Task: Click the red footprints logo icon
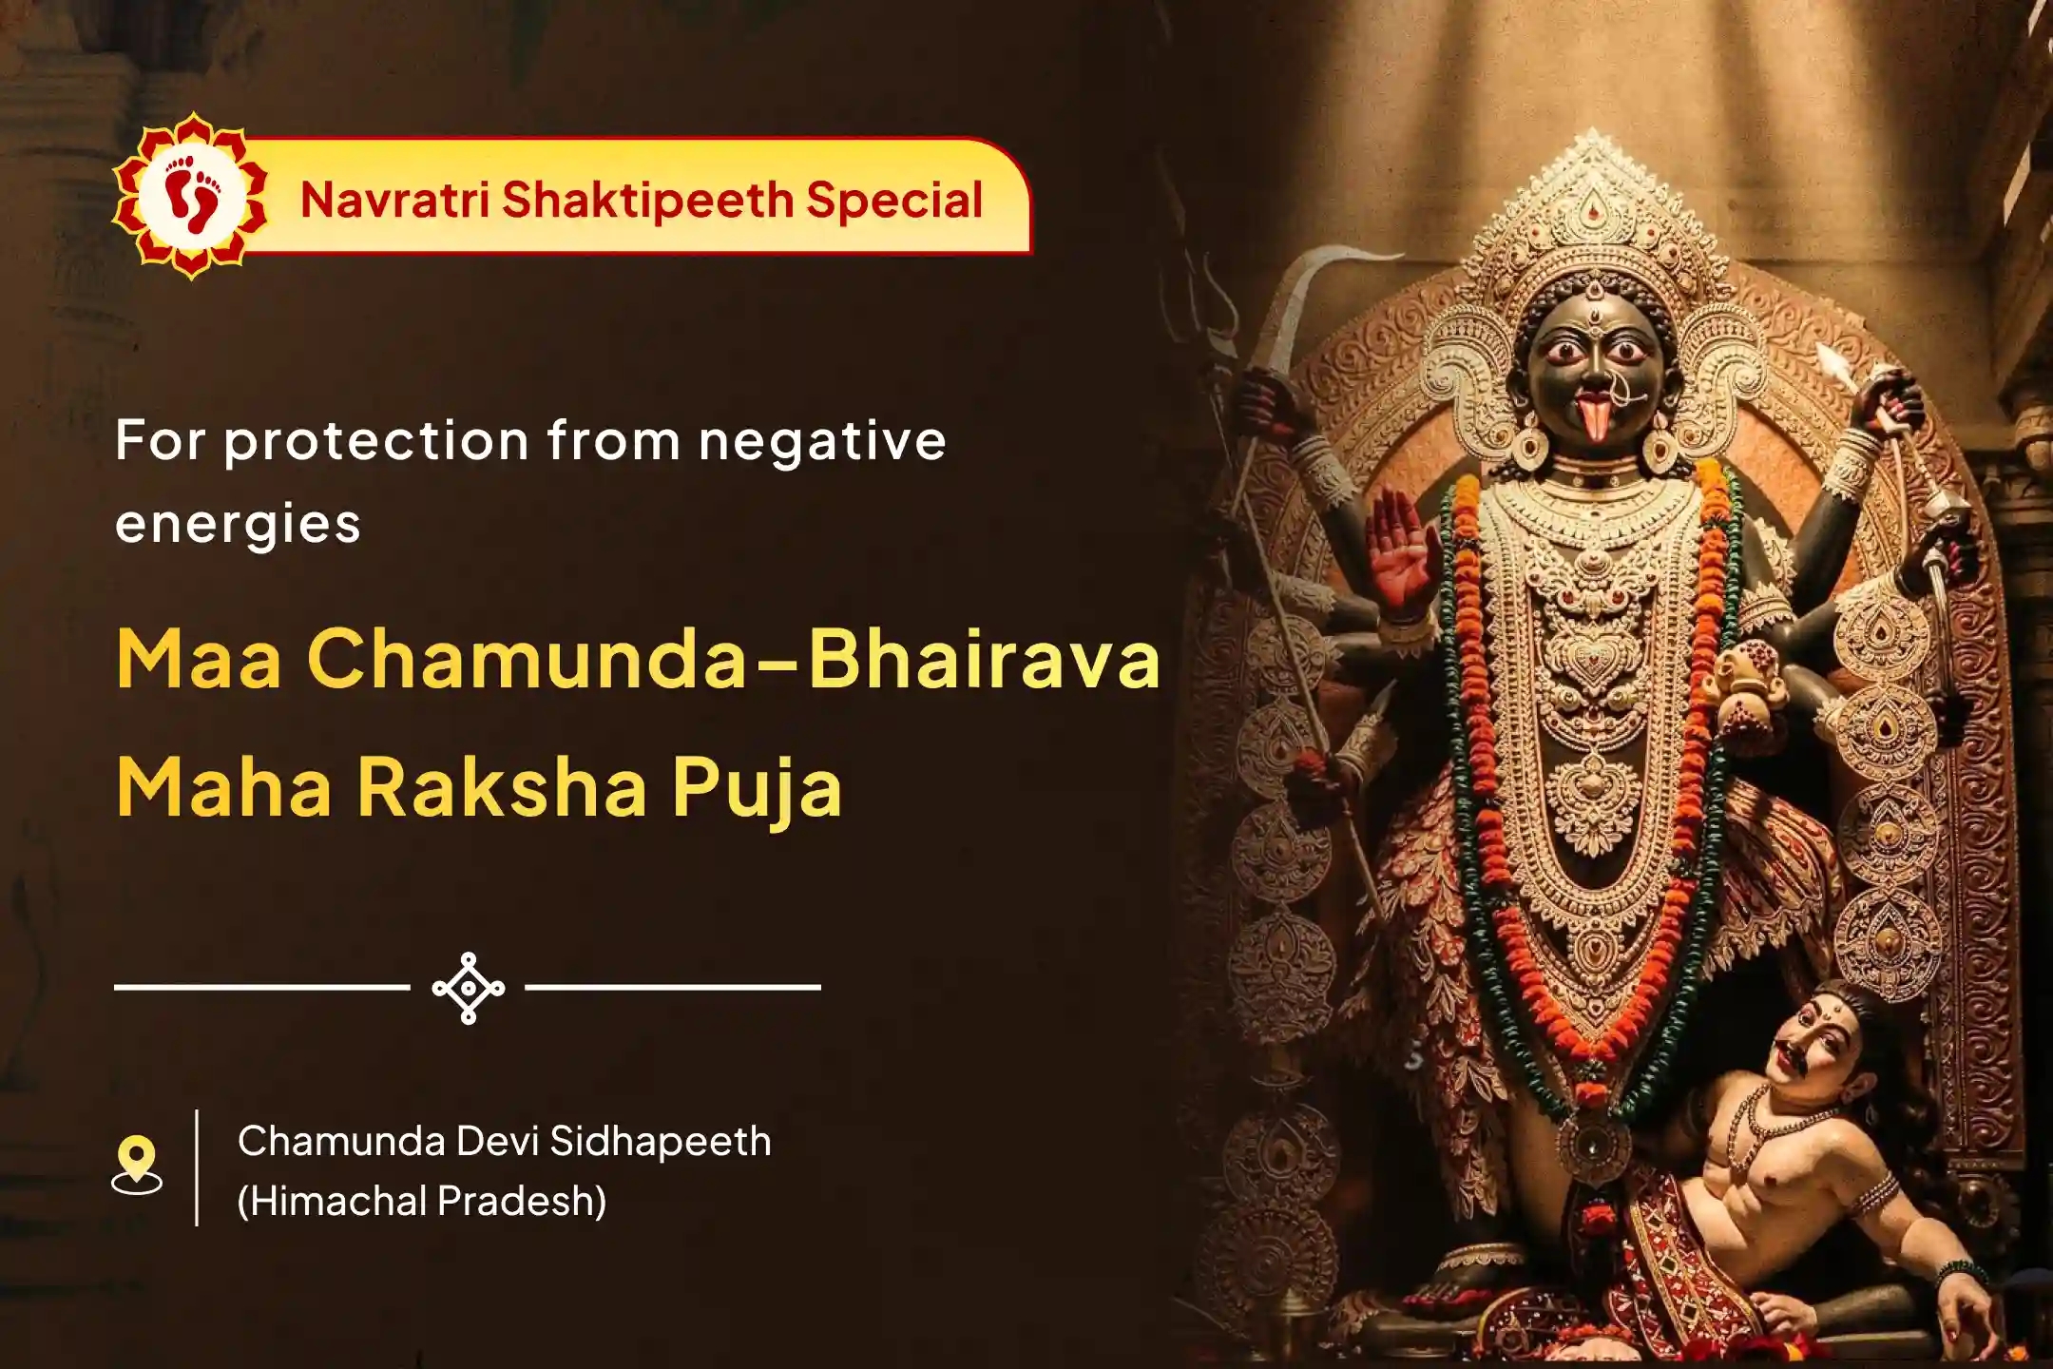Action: [x=191, y=196]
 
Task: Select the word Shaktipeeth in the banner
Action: [x=647, y=201]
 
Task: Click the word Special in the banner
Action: [x=894, y=201]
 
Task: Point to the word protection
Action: [x=375, y=442]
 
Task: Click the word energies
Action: [x=238, y=525]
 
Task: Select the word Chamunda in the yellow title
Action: [x=528, y=659]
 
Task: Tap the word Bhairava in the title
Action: [x=984, y=659]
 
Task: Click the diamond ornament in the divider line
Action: [x=469, y=988]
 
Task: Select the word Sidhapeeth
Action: [x=661, y=1141]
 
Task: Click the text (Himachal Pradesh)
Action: [x=422, y=1201]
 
